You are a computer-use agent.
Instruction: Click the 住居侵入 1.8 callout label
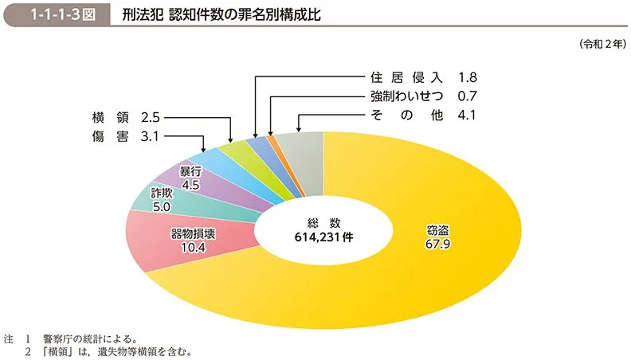tap(422, 78)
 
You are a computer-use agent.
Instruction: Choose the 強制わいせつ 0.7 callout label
tap(422, 96)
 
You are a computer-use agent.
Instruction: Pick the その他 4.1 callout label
tap(422, 115)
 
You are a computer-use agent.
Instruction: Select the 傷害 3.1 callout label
tap(127, 137)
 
